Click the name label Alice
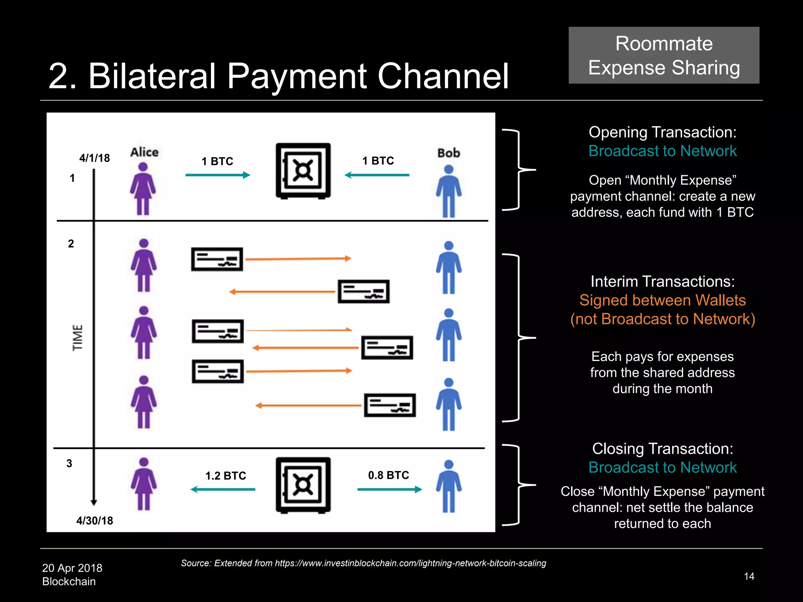(x=144, y=152)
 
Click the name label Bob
(x=449, y=153)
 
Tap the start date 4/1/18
(x=94, y=158)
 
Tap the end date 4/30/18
(x=94, y=520)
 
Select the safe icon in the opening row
(x=303, y=171)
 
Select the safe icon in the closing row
(x=303, y=485)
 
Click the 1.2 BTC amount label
(x=225, y=476)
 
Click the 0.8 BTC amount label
(x=388, y=475)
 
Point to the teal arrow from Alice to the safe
(x=218, y=175)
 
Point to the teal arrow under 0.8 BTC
(x=390, y=489)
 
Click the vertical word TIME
(x=78, y=337)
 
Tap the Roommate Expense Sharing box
(x=664, y=55)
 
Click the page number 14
(x=749, y=576)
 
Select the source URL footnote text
(x=363, y=563)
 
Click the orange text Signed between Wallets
(x=662, y=300)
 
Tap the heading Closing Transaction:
(x=662, y=448)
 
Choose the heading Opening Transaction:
(x=662, y=132)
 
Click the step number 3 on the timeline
(x=69, y=463)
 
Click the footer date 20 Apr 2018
(x=72, y=568)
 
